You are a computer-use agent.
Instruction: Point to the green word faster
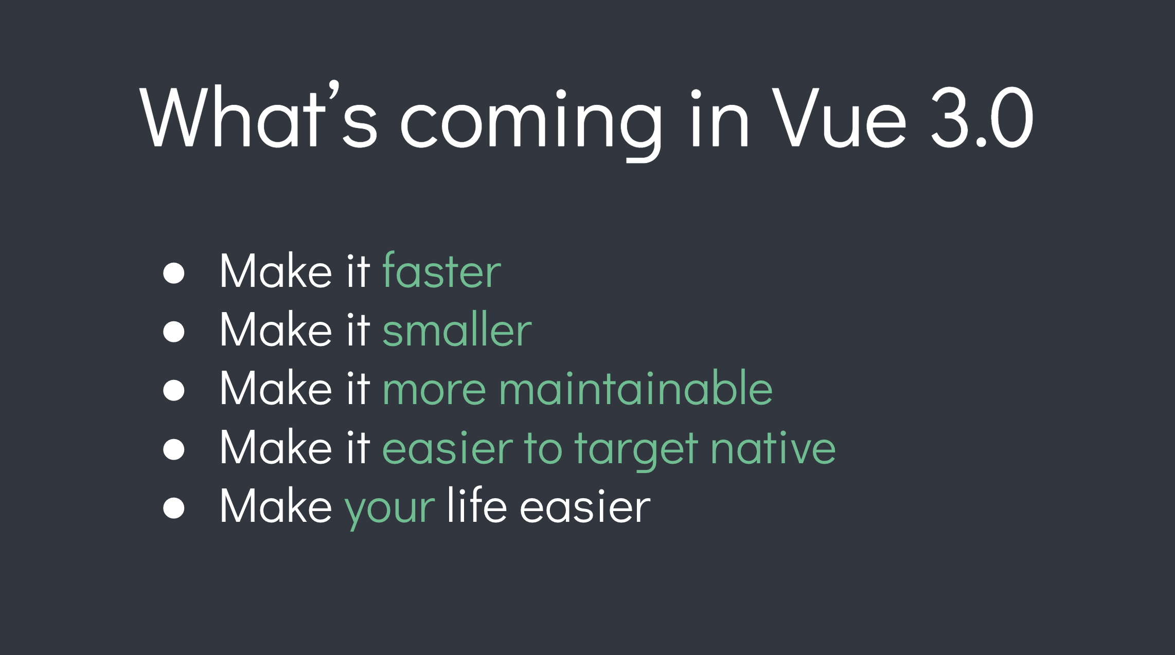click(441, 271)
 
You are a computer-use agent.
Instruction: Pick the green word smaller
click(457, 330)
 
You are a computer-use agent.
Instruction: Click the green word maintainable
click(635, 388)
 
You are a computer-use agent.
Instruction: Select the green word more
click(434, 389)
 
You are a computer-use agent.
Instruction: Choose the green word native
click(773, 447)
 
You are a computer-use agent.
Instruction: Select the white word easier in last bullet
click(585, 507)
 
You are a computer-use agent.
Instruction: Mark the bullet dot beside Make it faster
click(174, 273)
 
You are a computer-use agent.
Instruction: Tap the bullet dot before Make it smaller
click(174, 332)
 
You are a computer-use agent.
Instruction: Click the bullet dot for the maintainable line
click(174, 390)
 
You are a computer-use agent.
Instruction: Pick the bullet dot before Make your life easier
click(174, 508)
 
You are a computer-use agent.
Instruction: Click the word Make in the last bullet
click(276, 506)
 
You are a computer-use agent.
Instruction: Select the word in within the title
click(719, 118)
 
